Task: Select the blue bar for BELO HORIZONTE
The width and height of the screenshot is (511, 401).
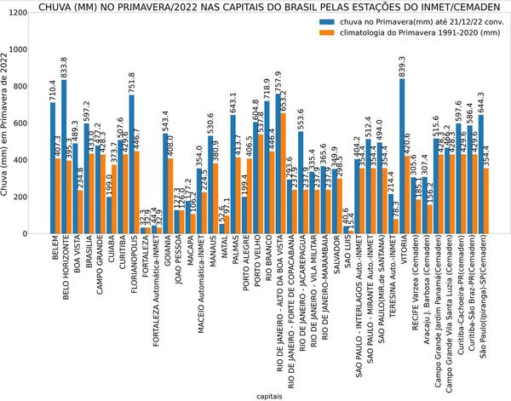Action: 64,157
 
